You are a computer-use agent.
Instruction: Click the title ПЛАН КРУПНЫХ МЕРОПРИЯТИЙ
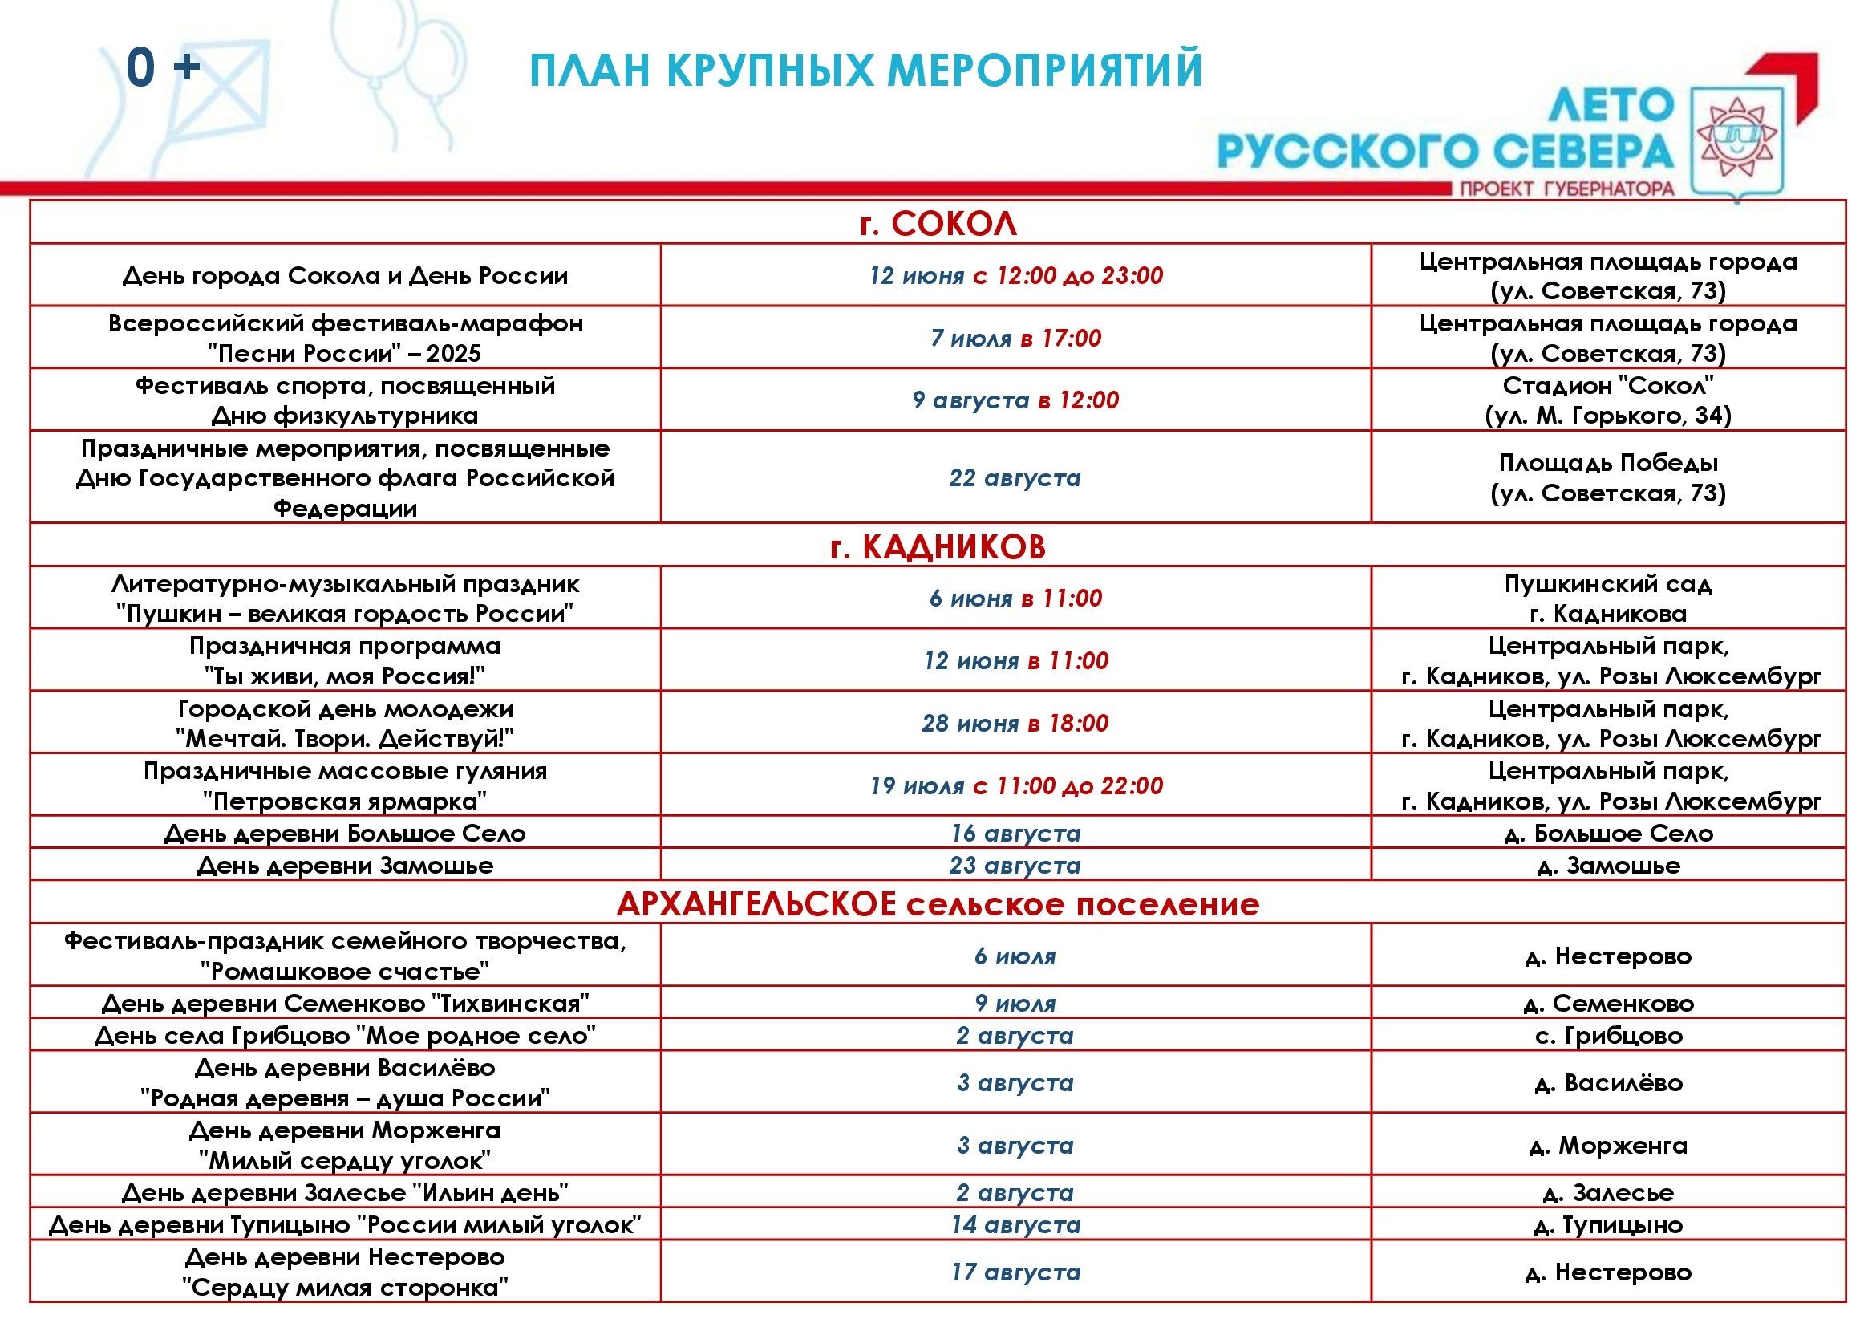(866, 71)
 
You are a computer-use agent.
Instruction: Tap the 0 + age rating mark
(164, 68)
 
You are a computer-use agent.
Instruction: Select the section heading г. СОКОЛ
(938, 223)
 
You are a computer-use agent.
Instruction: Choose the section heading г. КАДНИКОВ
(938, 546)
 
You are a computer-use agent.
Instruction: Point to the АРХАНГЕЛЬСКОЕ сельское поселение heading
(938, 903)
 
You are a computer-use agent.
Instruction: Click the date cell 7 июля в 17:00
(1015, 338)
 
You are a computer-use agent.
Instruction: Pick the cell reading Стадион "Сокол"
(1608, 385)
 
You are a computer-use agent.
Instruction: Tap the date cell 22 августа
(1015, 477)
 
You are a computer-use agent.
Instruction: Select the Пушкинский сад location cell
(1608, 584)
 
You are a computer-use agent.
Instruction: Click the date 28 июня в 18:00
(1015, 723)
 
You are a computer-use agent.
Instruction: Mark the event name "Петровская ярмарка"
(345, 800)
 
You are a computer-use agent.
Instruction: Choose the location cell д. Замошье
(1608, 866)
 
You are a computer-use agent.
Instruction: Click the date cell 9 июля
(1015, 1003)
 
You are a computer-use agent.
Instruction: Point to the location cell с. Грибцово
(1608, 1035)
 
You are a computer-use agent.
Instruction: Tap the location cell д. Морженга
(1608, 1145)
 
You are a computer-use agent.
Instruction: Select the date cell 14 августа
(1015, 1225)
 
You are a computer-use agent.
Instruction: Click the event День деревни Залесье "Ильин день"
(345, 1193)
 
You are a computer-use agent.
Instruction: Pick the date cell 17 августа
(1015, 1272)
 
